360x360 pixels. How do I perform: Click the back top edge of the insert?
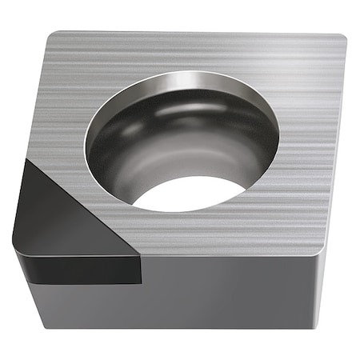tap(200, 33)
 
